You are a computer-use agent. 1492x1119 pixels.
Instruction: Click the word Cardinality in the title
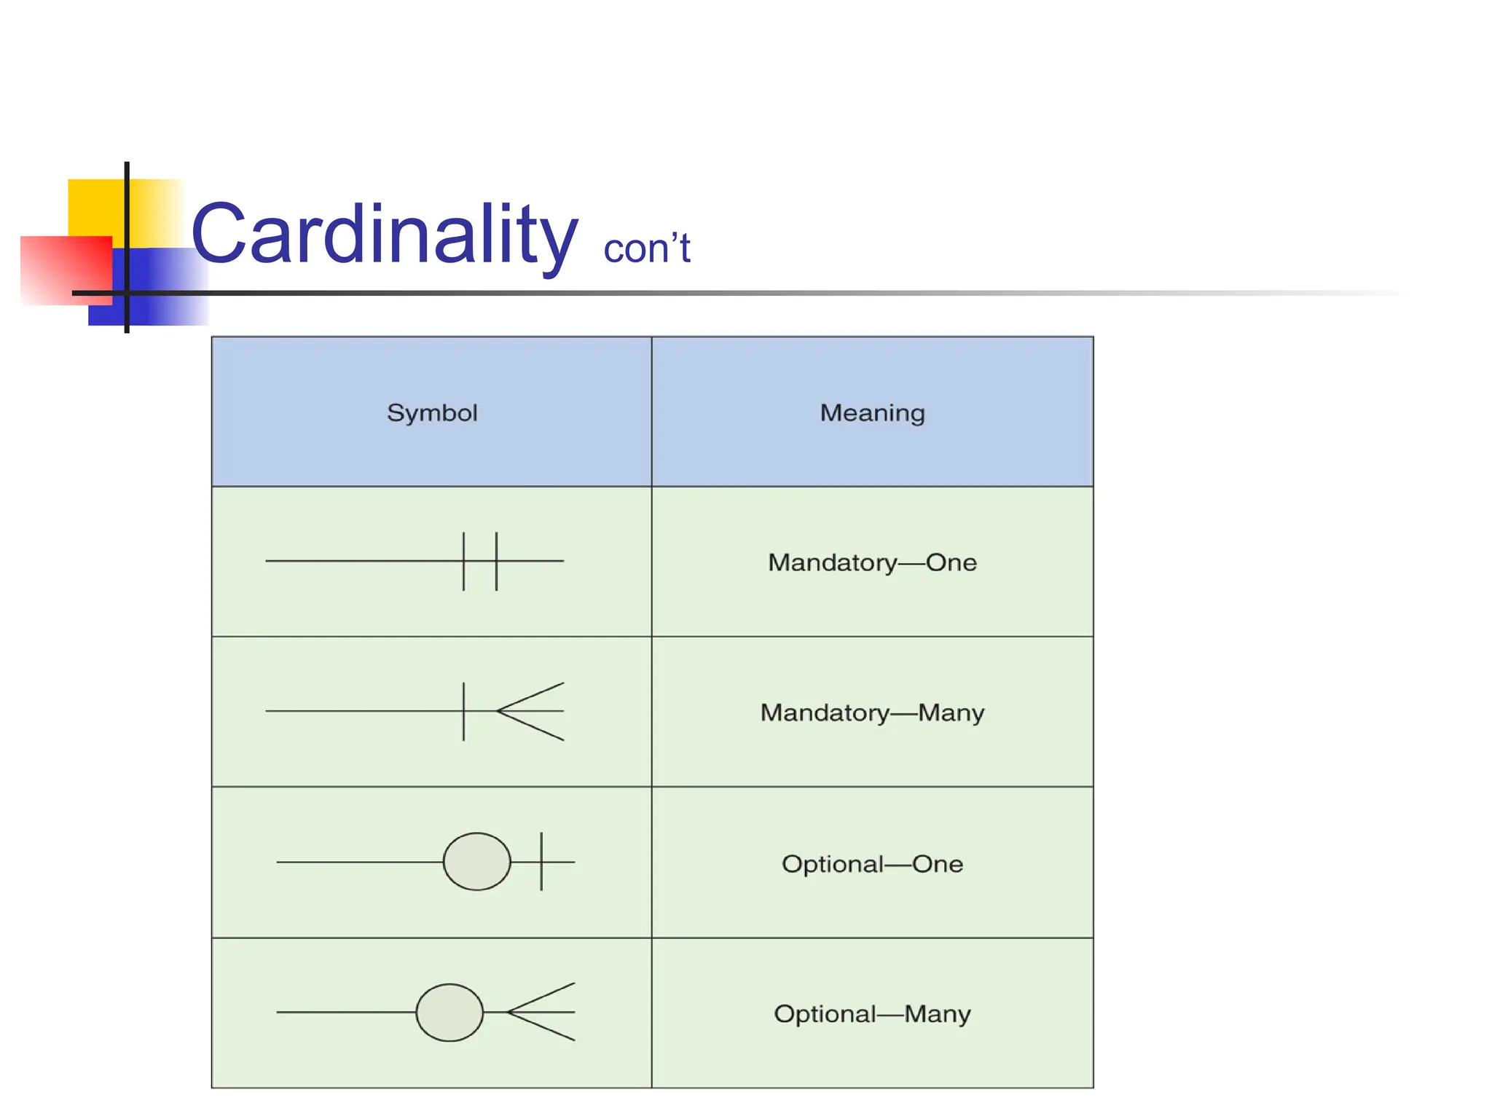coord(384,235)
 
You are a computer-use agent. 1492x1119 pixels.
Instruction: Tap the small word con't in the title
coord(646,249)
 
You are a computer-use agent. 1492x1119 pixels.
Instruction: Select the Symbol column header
coord(432,413)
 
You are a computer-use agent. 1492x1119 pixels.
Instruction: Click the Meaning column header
coord(872,413)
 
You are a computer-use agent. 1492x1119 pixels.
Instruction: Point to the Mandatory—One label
coord(872,562)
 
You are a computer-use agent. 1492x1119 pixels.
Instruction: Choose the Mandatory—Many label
coord(872,712)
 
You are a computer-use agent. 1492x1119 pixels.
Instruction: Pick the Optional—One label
coord(872,864)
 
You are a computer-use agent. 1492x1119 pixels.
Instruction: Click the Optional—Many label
coord(872,1014)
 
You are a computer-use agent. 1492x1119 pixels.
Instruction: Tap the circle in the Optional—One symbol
coord(477,862)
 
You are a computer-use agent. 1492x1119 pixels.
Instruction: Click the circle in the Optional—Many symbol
coord(449,1013)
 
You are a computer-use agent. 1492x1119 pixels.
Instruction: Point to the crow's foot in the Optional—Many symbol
coord(542,1012)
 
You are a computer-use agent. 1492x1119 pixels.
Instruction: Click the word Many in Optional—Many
coord(938,1014)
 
